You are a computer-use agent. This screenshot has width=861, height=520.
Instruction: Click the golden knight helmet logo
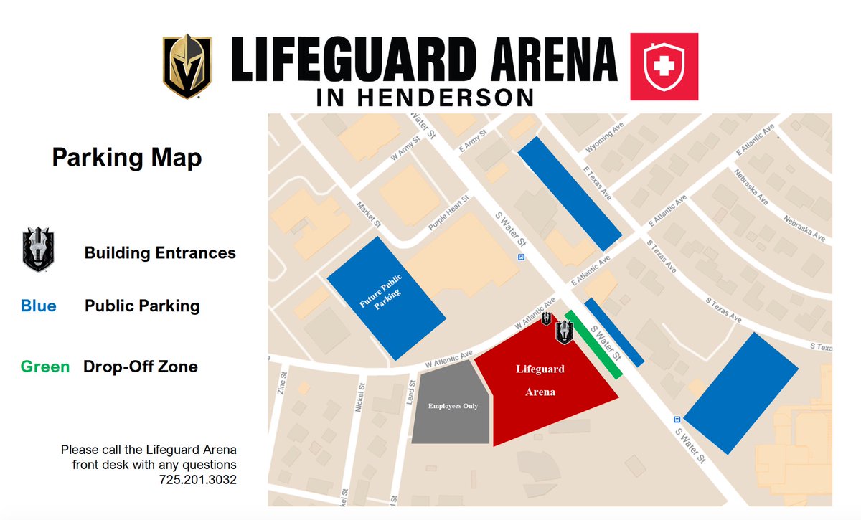[x=186, y=66]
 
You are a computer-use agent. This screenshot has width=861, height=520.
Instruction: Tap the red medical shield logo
[x=663, y=66]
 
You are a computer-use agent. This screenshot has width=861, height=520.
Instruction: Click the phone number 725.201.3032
[x=198, y=479]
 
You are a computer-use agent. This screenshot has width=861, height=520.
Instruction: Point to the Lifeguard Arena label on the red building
[x=540, y=381]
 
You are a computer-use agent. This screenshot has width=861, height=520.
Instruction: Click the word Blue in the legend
[x=38, y=306]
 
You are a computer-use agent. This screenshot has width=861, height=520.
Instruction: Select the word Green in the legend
[x=45, y=367]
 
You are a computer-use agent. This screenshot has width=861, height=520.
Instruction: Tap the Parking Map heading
[x=126, y=158]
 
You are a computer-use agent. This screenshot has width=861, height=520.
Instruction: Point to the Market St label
[x=368, y=214]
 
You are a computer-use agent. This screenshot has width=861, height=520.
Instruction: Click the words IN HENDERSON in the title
[x=424, y=97]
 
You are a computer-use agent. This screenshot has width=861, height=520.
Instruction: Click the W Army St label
[x=405, y=151]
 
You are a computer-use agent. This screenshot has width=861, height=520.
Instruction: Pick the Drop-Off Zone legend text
[x=140, y=367]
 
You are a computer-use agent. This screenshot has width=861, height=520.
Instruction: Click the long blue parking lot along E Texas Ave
[x=569, y=189]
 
